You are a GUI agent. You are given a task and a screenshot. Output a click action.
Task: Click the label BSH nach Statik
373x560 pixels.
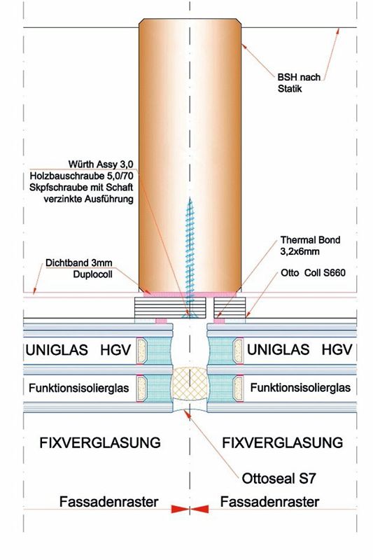(x=299, y=83)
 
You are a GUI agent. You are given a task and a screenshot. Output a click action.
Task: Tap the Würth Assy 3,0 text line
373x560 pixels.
(x=101, y=164)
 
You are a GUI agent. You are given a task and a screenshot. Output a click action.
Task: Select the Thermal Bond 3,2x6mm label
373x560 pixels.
(x=310, y=246)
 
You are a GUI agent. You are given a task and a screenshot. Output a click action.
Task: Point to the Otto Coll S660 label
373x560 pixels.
(x=313, y=273)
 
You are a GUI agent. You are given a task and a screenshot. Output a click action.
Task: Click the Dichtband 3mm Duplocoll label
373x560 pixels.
(x=78, y=268)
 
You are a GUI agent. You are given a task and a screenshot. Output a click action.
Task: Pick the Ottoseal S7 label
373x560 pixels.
(x=279, y=479)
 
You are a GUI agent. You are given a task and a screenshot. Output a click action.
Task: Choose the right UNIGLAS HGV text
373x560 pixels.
(x=300, y=349)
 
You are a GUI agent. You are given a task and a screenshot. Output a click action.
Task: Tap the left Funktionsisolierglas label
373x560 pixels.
(x=79, y=388)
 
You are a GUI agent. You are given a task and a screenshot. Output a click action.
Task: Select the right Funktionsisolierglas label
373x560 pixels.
(x=300, y=388)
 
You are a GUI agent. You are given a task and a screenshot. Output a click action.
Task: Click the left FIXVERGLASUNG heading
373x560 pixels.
(x=100, y=443)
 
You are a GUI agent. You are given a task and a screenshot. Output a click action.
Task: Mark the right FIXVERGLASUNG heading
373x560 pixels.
(x=282, y=443)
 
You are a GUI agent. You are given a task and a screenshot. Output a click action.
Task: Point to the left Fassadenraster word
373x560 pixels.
(x=109, y=502)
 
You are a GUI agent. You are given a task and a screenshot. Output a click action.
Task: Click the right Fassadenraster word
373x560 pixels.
(x=269, y=502)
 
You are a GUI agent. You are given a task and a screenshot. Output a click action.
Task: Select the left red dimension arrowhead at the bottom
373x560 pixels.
(x=180, y=509)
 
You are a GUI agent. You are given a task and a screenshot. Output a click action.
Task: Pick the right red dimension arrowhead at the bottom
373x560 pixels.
(x=199, y=509)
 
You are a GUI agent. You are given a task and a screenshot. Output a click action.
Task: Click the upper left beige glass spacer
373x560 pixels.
(x=141, y=351)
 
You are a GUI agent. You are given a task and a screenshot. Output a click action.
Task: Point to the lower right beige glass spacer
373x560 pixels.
(x=238, y=388)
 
